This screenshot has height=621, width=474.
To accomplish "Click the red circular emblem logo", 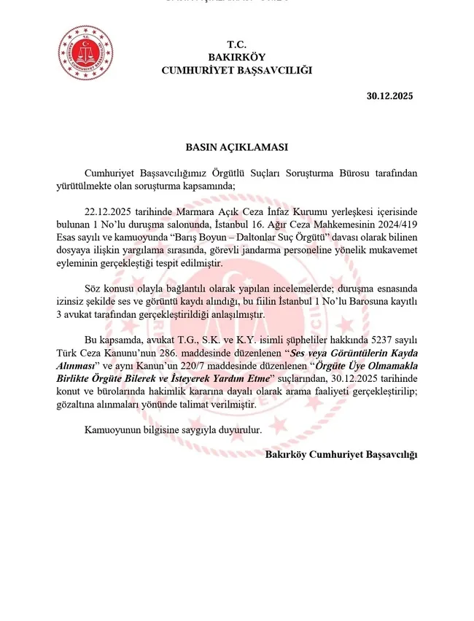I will (85, 53).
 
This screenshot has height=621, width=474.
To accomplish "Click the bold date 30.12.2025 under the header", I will (390, 96).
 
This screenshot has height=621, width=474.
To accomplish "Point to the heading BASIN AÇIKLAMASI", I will (236, 147).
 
